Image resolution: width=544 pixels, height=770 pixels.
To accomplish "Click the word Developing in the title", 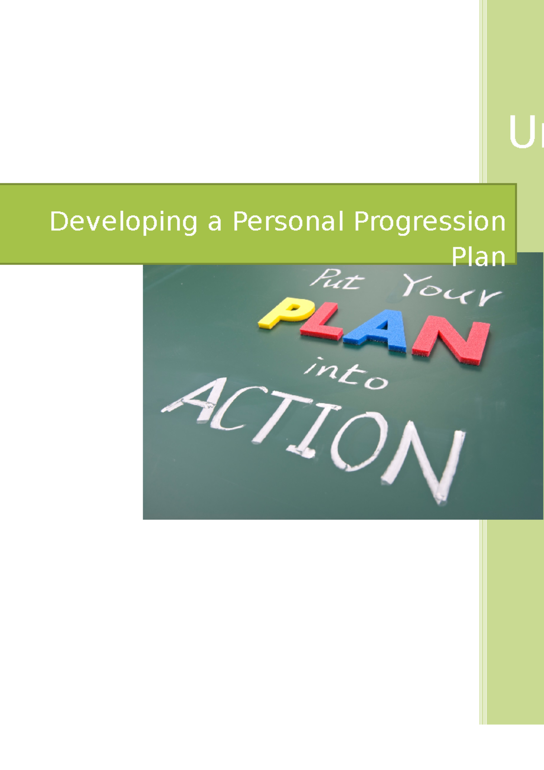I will pyautogui.click(x=123, y=222).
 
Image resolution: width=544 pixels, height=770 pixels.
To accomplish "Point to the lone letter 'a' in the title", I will pyautogui.click(x=215, y=223).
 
